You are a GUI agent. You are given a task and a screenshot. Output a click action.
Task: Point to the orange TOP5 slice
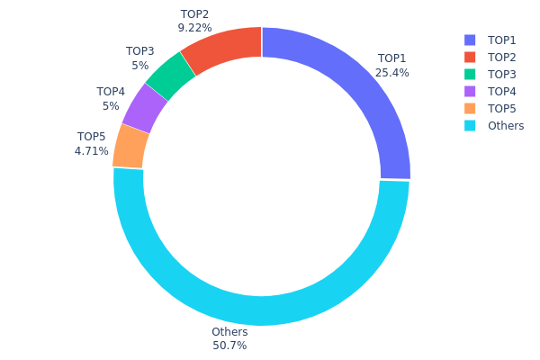[x=131, y=146]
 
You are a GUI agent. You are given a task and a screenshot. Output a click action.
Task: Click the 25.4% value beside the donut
[x=393, y=73]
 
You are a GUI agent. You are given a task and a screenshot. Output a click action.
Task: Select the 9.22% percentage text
[x=194, y=28]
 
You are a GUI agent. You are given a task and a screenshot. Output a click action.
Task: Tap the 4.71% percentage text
[x=91, y=151]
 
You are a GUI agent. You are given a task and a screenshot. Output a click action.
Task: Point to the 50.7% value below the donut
[x=229, y=346]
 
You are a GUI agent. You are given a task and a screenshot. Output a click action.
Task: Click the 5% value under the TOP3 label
[x=139, y=65]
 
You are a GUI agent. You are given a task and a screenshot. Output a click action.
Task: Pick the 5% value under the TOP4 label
[x=111, y=105]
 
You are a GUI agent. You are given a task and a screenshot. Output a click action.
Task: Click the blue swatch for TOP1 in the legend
[x=470, y=40]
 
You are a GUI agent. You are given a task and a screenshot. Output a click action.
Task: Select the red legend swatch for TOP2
[x=470, y=58]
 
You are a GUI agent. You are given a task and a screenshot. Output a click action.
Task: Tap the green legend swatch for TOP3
[x=470, y=75]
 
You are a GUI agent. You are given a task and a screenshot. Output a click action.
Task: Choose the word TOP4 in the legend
[x=502, y=92]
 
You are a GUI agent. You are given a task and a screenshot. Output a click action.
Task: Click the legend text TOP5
[x=502, y=109]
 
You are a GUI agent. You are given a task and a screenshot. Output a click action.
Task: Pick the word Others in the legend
[x=506, y=126]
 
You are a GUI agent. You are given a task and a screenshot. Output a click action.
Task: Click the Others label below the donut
[x=229, y=332]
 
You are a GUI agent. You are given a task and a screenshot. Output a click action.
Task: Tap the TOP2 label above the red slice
[x=194, y=14]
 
